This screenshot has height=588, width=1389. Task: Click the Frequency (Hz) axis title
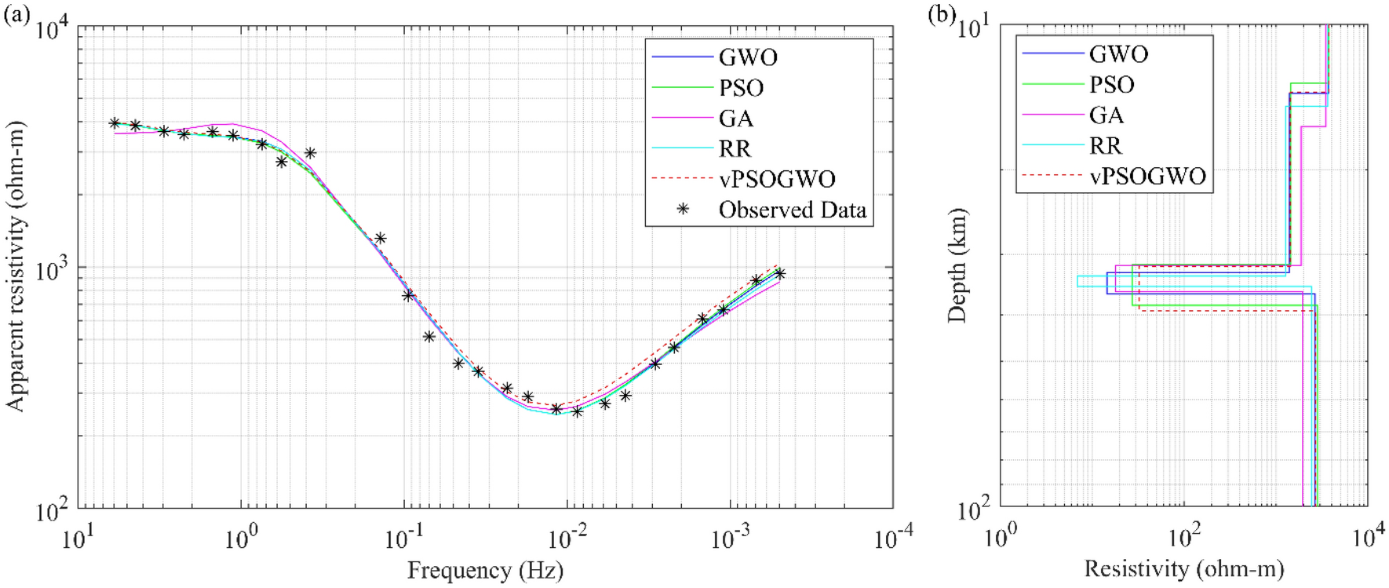[x=485, y=571]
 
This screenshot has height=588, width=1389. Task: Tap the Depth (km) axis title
[x=957, y=265]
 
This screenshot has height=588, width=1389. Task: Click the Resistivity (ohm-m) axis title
[x=1183, y=569]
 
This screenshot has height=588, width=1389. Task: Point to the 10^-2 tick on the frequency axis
[x=567, y=539]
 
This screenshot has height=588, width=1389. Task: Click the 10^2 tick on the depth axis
[x=973, y=511]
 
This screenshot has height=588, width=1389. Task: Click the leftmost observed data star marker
[x=115, y=123]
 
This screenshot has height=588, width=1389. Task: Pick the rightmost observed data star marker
[x=779, y=274]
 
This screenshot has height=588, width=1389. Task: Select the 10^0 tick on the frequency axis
[x=241, y=539]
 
